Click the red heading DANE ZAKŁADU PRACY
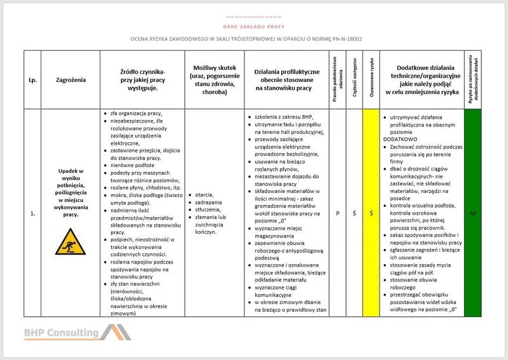coord(253,27)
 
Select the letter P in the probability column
coord(338,213)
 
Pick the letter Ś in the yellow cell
coord(370,213)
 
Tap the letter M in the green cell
coord(474,213)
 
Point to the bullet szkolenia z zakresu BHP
coord(279,117)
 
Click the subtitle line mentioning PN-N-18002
coord(253,39)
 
